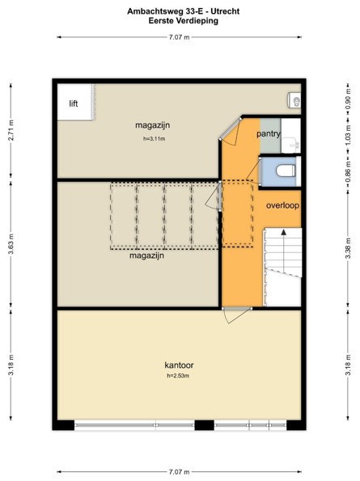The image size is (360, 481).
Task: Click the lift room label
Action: (74, 103)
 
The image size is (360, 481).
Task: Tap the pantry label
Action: (269, 134)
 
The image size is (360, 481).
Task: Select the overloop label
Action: (282, 205)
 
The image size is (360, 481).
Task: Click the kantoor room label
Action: (179, 365)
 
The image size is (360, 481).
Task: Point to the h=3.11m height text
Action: (154, 139)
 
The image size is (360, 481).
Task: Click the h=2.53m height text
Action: (178, 375)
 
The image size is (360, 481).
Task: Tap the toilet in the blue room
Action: (286, 171)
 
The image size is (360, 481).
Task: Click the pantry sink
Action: (290, 145)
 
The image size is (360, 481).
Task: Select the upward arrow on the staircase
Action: (284, 251)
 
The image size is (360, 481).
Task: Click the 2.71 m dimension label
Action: (11, 130)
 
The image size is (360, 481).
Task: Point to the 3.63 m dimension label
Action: (11, 244)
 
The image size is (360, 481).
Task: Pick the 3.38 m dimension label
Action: (348, 248)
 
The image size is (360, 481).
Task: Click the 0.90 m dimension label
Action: (348, 99)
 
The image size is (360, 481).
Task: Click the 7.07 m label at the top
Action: (180, 37)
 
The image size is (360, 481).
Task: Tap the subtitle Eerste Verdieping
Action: (183, 21)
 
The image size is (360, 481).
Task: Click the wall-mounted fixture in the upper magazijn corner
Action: (294, 100)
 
